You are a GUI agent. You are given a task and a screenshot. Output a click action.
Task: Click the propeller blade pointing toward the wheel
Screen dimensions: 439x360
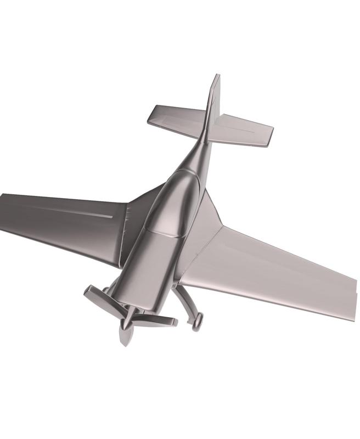pos(156,322)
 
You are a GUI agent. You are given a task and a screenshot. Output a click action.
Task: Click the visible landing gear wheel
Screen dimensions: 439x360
pos(197,320)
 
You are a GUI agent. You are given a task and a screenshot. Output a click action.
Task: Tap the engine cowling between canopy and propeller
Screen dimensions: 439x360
pos(148,269)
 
